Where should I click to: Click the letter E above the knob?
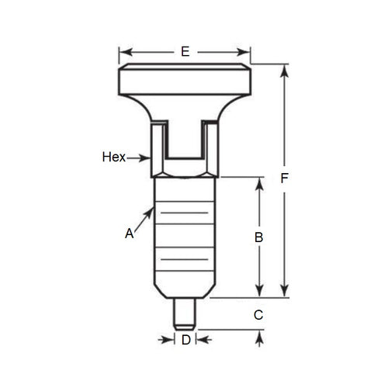(185, 52)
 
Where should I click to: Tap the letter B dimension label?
(260, 237)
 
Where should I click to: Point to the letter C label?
(259, 314)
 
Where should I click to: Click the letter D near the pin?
(185, 340)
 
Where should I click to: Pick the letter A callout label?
(130, 232)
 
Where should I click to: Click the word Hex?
(113, 158)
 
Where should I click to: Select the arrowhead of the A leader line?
(152, 209)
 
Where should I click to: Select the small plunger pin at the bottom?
(185, 311)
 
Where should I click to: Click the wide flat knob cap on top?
(185, 79)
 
